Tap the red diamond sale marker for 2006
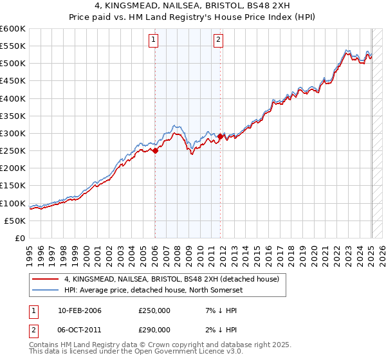pyautogui.click(x=155, y=151)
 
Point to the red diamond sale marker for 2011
pyautogui.click(x=220, y=136)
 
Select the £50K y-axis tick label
pyautogui.click(x=15, y=221)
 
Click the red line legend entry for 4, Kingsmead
pyautogui.click(x=171, y=279)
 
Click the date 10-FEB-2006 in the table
pyautogui.click(x=80, y=310)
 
